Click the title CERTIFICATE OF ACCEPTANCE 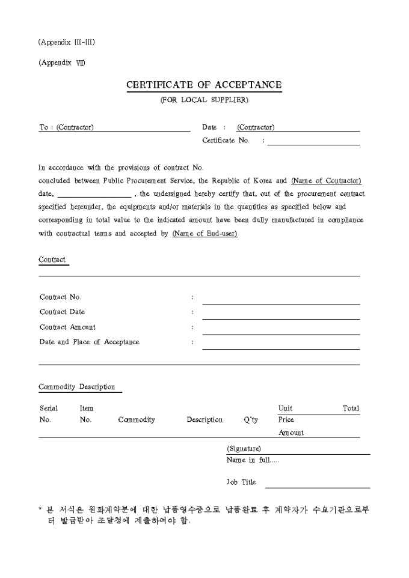pyautogui.click(x=204, y=85)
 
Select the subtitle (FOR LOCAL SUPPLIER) pyautogui.click(x=204, y=100)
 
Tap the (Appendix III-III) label pyautogui.click(x=66, y=42)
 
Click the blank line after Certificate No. pyautogui.click(x=313, y=142)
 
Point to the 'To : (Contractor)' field pyautogui.click(x=66, y=127)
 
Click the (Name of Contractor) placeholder pyautogui.click(x=326, y=181)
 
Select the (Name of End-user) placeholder pyautogui.click(x=204, y=234)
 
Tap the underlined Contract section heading pyautogui.click(x=52, y=260)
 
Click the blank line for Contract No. pyautogui.click(x=281, y=300)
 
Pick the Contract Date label pyautogui.click(x=62, y=312)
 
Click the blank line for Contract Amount pyautogui.click(x=281, y=330)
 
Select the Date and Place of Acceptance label pyautogui.click(x=89, y=342)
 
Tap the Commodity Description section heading pyautogui.click(x=76, y=387)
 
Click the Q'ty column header pyautogui.click(x=251, y=420)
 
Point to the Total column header pyautogui.click(x=351, y=409)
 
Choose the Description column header pyautogui.click(x=204, y=420)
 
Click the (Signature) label pyautogui.click(x=244, y=449)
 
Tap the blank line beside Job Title pyautogui.click(x=317, y=484)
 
